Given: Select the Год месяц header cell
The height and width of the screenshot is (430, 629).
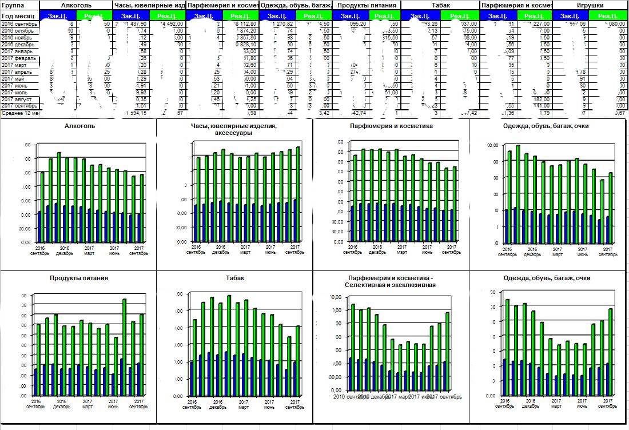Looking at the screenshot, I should pos(18,16).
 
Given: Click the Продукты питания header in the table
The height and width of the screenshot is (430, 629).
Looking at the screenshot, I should pos(367,5).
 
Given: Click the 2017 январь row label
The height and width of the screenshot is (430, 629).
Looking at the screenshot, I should pos(18,51).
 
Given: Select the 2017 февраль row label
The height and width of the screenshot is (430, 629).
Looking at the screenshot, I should pos(19,58).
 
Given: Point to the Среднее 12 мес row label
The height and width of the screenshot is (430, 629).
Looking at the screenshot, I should pos(19,113).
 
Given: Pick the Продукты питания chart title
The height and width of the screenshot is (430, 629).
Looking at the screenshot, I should pos(79,278).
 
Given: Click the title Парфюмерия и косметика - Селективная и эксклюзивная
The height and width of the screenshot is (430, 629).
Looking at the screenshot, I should pos(391,281).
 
